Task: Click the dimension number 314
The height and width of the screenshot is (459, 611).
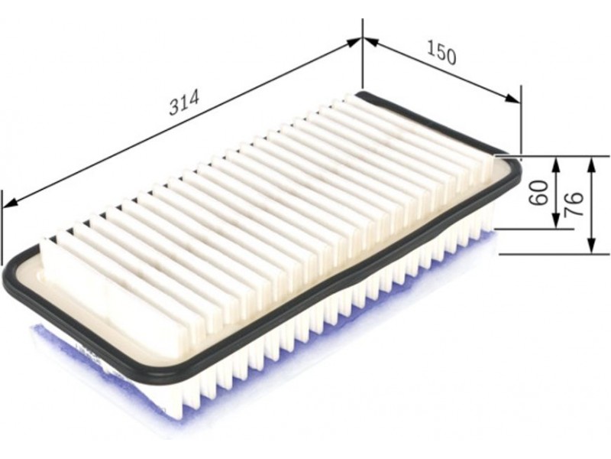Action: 184,103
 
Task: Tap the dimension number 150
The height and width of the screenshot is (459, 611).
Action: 441,53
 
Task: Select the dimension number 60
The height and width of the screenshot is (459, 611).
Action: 539,193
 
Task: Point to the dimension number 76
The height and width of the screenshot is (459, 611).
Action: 574,203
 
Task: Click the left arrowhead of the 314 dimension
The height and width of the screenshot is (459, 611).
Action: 10,202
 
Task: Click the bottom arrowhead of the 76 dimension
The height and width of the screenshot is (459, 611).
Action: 592,246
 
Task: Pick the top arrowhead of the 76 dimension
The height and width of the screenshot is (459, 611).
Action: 592,164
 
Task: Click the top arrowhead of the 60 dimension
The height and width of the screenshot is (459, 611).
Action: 557,164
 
